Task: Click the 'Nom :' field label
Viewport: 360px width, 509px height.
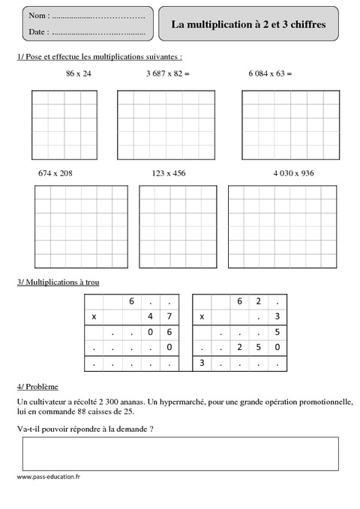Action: (39, 16)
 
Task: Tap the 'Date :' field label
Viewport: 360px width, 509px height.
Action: (39, 32)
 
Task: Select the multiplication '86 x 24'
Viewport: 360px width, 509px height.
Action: (78, 73)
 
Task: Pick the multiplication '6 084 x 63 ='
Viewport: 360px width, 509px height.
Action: (269, 73)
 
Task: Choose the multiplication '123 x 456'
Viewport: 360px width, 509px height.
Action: (168, 172)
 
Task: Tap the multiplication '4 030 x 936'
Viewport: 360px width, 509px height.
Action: (294, 172)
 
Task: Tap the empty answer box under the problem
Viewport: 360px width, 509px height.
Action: (180, 454)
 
